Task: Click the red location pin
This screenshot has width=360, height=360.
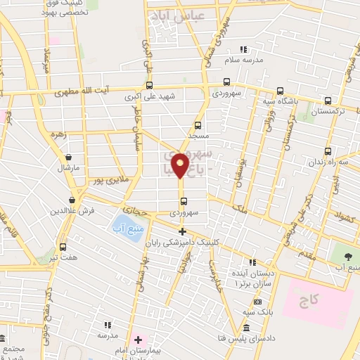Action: pyautogui.click(x=181, y=166)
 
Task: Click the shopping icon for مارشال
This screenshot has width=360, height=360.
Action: pyautogui.click(x=68, y=157)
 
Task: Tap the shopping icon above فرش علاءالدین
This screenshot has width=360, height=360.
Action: pyautogui.click(x=72, y=200)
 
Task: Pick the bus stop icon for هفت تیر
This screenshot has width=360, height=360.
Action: pyautogui.click(x=63, y=247)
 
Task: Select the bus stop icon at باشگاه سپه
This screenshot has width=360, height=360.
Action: pyautogui.click(x=281, y=90)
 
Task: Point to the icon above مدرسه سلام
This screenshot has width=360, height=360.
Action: pyautogui.click(x=244, y=49)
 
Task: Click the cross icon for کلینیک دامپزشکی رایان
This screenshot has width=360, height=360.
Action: pyautogui.click(x=182, y=231)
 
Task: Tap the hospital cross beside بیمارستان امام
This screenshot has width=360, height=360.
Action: pyautogui.click(x=139, y=340)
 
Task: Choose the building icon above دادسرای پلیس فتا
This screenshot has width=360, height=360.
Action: pyautogui.click(x=246, y=329)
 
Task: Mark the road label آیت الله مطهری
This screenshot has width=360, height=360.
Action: pyautogui.click(x=83, y=92)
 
